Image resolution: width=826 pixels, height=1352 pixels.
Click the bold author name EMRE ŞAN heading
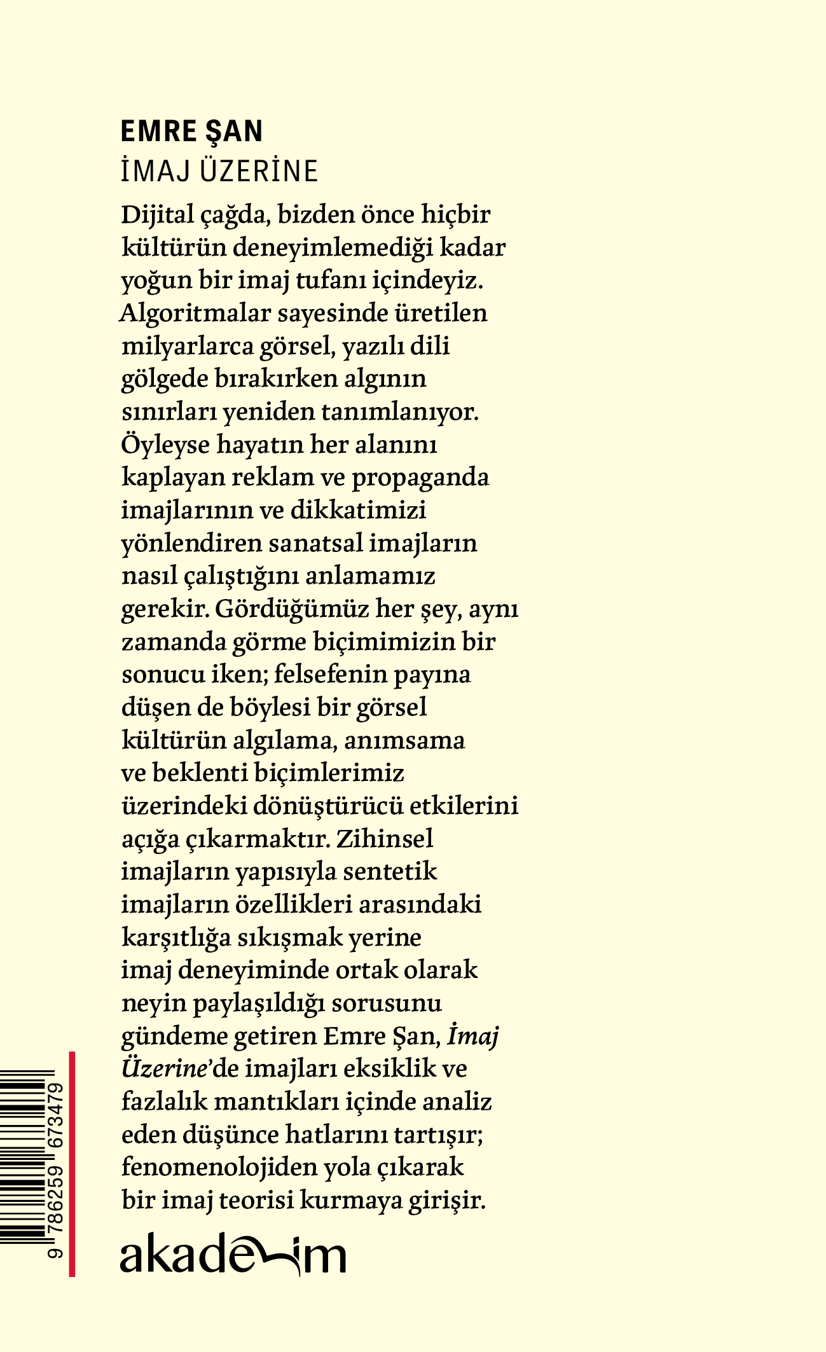(191, 132)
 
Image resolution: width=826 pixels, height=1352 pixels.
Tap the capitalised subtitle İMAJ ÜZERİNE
(219, 171)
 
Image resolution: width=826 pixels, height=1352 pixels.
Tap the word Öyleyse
(165, 445)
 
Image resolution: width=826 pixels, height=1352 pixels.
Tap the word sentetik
(390, 871)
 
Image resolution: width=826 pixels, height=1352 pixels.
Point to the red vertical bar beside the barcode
(72, 1164)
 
